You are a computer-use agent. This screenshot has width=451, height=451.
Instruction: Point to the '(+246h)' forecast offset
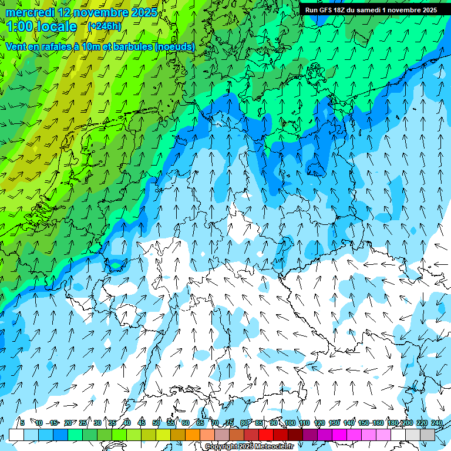104,26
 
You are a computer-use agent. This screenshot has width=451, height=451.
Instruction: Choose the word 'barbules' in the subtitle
130,46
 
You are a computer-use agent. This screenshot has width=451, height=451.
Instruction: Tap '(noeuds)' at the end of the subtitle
174,46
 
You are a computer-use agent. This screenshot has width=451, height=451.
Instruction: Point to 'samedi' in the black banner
373,10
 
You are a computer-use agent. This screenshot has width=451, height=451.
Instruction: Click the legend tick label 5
22,423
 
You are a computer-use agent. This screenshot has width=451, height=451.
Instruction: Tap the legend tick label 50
156,423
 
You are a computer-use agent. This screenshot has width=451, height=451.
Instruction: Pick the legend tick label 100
290,423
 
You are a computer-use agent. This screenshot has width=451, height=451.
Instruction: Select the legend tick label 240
437,423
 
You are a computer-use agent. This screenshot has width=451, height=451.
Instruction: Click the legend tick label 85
259,423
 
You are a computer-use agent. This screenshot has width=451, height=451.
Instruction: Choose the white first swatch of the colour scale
16,435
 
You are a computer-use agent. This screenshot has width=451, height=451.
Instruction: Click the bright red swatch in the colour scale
266,435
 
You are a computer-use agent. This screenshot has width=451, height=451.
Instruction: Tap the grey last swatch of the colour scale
428,435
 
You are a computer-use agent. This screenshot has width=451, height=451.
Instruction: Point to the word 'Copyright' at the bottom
221,447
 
